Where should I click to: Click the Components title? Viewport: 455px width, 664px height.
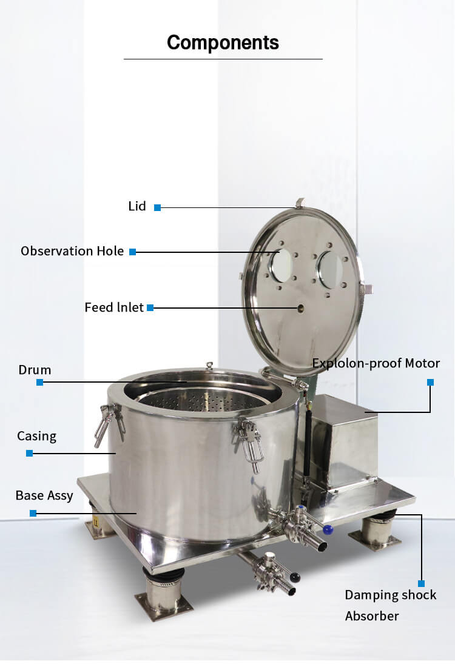[223, 42]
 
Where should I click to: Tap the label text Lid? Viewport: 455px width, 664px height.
[137, 206]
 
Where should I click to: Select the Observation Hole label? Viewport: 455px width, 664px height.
[72, 251]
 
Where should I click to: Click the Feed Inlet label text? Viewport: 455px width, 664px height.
[114, 307]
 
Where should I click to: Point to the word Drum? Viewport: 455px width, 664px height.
[35, 370]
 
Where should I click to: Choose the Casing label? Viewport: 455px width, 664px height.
[36, 436]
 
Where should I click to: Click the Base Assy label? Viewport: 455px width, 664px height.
[44, 495]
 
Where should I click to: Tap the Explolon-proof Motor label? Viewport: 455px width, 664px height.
[376, 363]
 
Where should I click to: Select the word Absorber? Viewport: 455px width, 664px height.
[372, 616]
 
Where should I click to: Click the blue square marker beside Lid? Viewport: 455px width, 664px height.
[157, 207]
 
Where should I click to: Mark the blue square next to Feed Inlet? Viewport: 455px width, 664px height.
[150, 308]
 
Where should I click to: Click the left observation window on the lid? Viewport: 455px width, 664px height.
[281, 265]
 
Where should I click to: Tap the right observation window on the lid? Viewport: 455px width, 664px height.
[331, 269]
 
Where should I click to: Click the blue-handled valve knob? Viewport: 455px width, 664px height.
[328, 529]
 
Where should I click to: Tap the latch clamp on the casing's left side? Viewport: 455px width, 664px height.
[106, 421]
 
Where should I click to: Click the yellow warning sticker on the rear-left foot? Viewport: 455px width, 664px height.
[95, 521]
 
